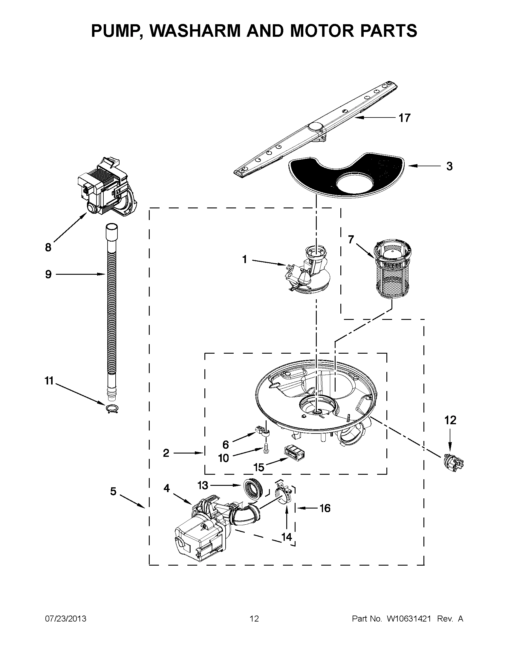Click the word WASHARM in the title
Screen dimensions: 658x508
(x=196, y=30)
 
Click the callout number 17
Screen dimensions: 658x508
(x=404, y=118)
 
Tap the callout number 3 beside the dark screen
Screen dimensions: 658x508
(x=449, y=166)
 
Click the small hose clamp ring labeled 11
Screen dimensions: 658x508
(x=112, y=409)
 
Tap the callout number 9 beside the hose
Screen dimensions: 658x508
(x=48, y=274)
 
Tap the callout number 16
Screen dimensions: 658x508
(x=325, y=508)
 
